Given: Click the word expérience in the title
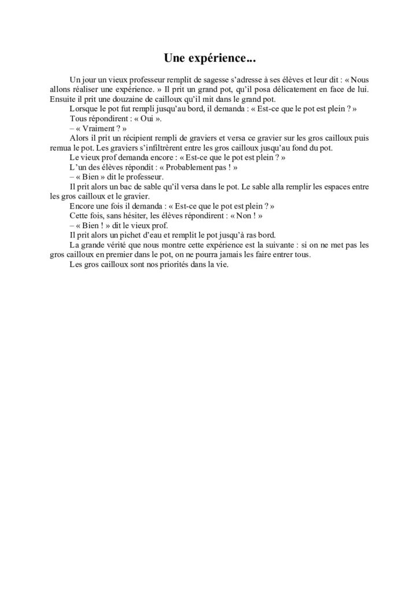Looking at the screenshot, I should (225, 58).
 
